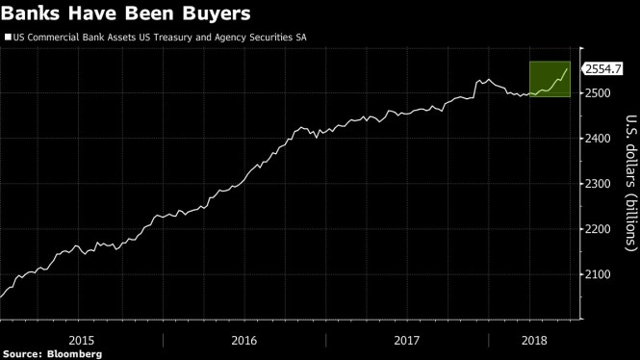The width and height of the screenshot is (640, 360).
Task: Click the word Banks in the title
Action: (x=35, y=14)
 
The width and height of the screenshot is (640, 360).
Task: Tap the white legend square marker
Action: (x=8, y=39)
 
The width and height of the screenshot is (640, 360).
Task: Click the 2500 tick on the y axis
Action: (x=600, y=93)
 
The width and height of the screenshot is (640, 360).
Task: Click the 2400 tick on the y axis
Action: (x=600, y=139)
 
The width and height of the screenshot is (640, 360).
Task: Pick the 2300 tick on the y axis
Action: (x=600, y=184)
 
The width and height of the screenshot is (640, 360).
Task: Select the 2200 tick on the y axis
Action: (x=600, y=229)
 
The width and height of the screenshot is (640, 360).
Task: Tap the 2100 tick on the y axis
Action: (x=600, y=274)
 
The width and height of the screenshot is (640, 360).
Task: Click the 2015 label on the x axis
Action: (x=82, y=340)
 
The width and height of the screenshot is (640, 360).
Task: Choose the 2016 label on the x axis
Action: (x=244, y=340)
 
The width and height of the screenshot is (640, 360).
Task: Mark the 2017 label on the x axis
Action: (x=407, y=340)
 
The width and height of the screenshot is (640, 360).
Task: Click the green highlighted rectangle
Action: (x=550, y=79)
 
